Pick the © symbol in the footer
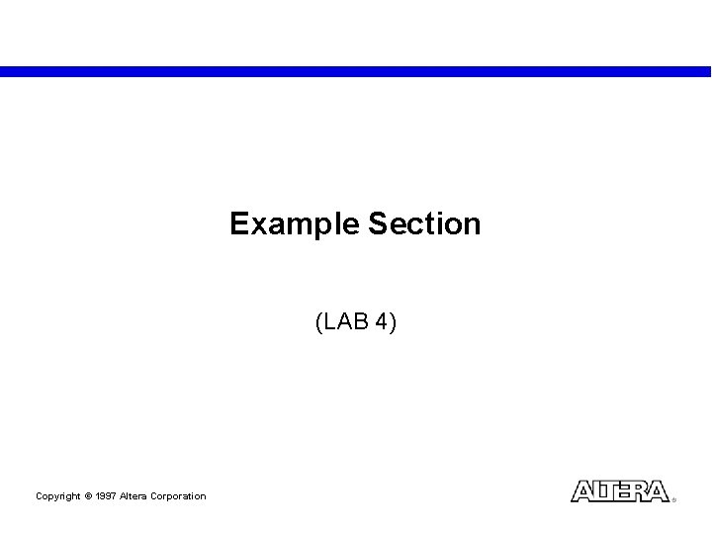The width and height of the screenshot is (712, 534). point(88,496)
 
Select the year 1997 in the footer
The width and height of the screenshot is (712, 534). point(107,496)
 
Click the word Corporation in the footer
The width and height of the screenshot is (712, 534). point(180,496)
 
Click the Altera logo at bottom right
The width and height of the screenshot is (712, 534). point(620,491)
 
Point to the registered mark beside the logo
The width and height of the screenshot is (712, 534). point(673,499)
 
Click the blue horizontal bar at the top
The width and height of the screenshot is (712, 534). point(356,71)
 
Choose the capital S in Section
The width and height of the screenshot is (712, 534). point(377,224)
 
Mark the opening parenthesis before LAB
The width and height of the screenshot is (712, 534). point(318,321)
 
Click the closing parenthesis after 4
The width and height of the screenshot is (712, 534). point(393,321)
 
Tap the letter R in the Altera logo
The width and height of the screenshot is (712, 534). point(641,491)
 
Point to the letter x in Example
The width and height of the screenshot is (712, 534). point(256,225)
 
